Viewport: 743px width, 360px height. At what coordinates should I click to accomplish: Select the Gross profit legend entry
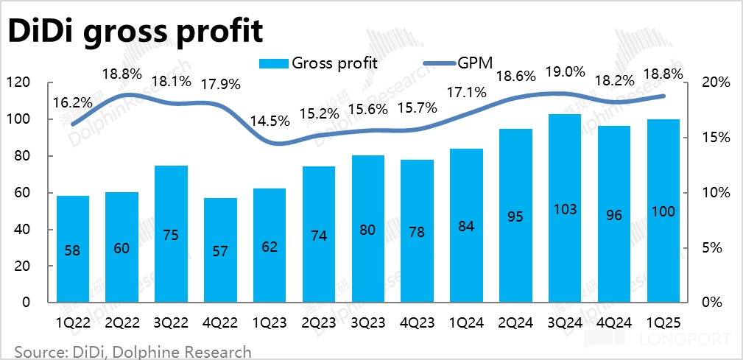318,62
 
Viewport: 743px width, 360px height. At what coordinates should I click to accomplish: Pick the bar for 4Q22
220,250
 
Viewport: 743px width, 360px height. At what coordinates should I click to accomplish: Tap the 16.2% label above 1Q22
72,104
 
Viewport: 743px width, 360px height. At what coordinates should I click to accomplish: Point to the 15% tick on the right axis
714,138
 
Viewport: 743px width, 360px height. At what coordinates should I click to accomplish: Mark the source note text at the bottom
133,351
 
